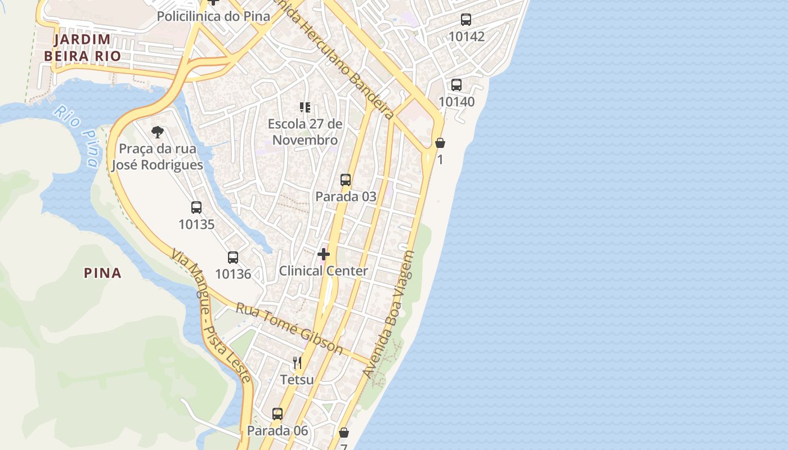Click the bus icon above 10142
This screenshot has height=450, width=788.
coord(466,20)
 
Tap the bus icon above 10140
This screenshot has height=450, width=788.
coord(456,85)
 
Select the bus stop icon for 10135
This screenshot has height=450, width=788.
coord(196,207)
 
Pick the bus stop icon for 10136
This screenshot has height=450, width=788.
coord(233,258)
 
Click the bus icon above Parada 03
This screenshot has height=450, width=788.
coord(346,180)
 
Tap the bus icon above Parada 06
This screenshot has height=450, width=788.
coord(277,414)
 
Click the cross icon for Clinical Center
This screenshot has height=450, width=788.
coord(324,254)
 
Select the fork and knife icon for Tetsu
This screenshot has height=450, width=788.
coord(297,363)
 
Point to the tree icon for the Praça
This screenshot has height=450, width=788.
coord(158,132)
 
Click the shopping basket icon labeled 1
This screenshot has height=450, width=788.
coord(440,143)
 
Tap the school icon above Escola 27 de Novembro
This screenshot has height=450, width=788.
coord(305,107)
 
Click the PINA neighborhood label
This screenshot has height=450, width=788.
coord(102,273)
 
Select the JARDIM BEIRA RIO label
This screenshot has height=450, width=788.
coord(82,48)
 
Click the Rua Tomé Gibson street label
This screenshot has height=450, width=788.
coord(289,328)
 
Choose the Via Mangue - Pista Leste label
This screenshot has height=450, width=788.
coord(211,316)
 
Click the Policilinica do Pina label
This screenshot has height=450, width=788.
coord(213,16)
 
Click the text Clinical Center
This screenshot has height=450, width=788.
coord(324,271)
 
